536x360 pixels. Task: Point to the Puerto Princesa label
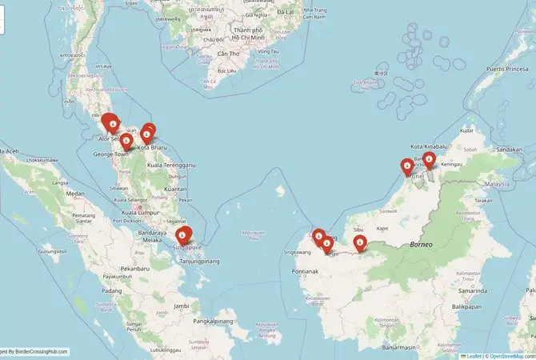pyautogui.click(x=505, y=69)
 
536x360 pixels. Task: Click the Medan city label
pyautogui.click(x=76, y=194)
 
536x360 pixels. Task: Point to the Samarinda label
pyautogui.click(x=489, y=290)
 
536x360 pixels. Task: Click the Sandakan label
pyautogui.click(x=509, y=149)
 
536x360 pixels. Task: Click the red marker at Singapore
pyautogui.click(x=184, y=234)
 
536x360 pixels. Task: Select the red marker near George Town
pyautogui.click(x=126, y=142)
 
